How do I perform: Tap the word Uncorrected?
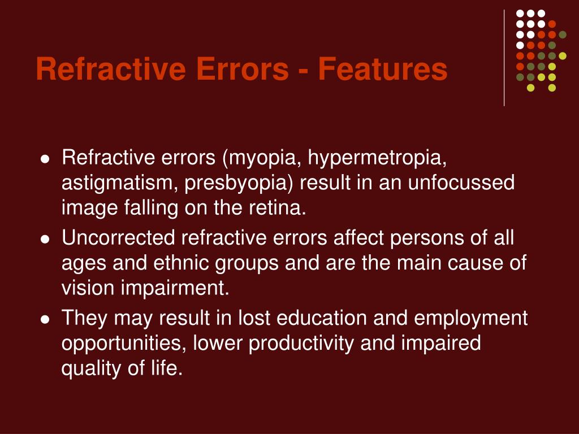(x=118, y=238)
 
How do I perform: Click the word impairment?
(x=174, y=288)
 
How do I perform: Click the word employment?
(x=470, y=318)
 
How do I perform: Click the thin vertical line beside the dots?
(x=504, y=57)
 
